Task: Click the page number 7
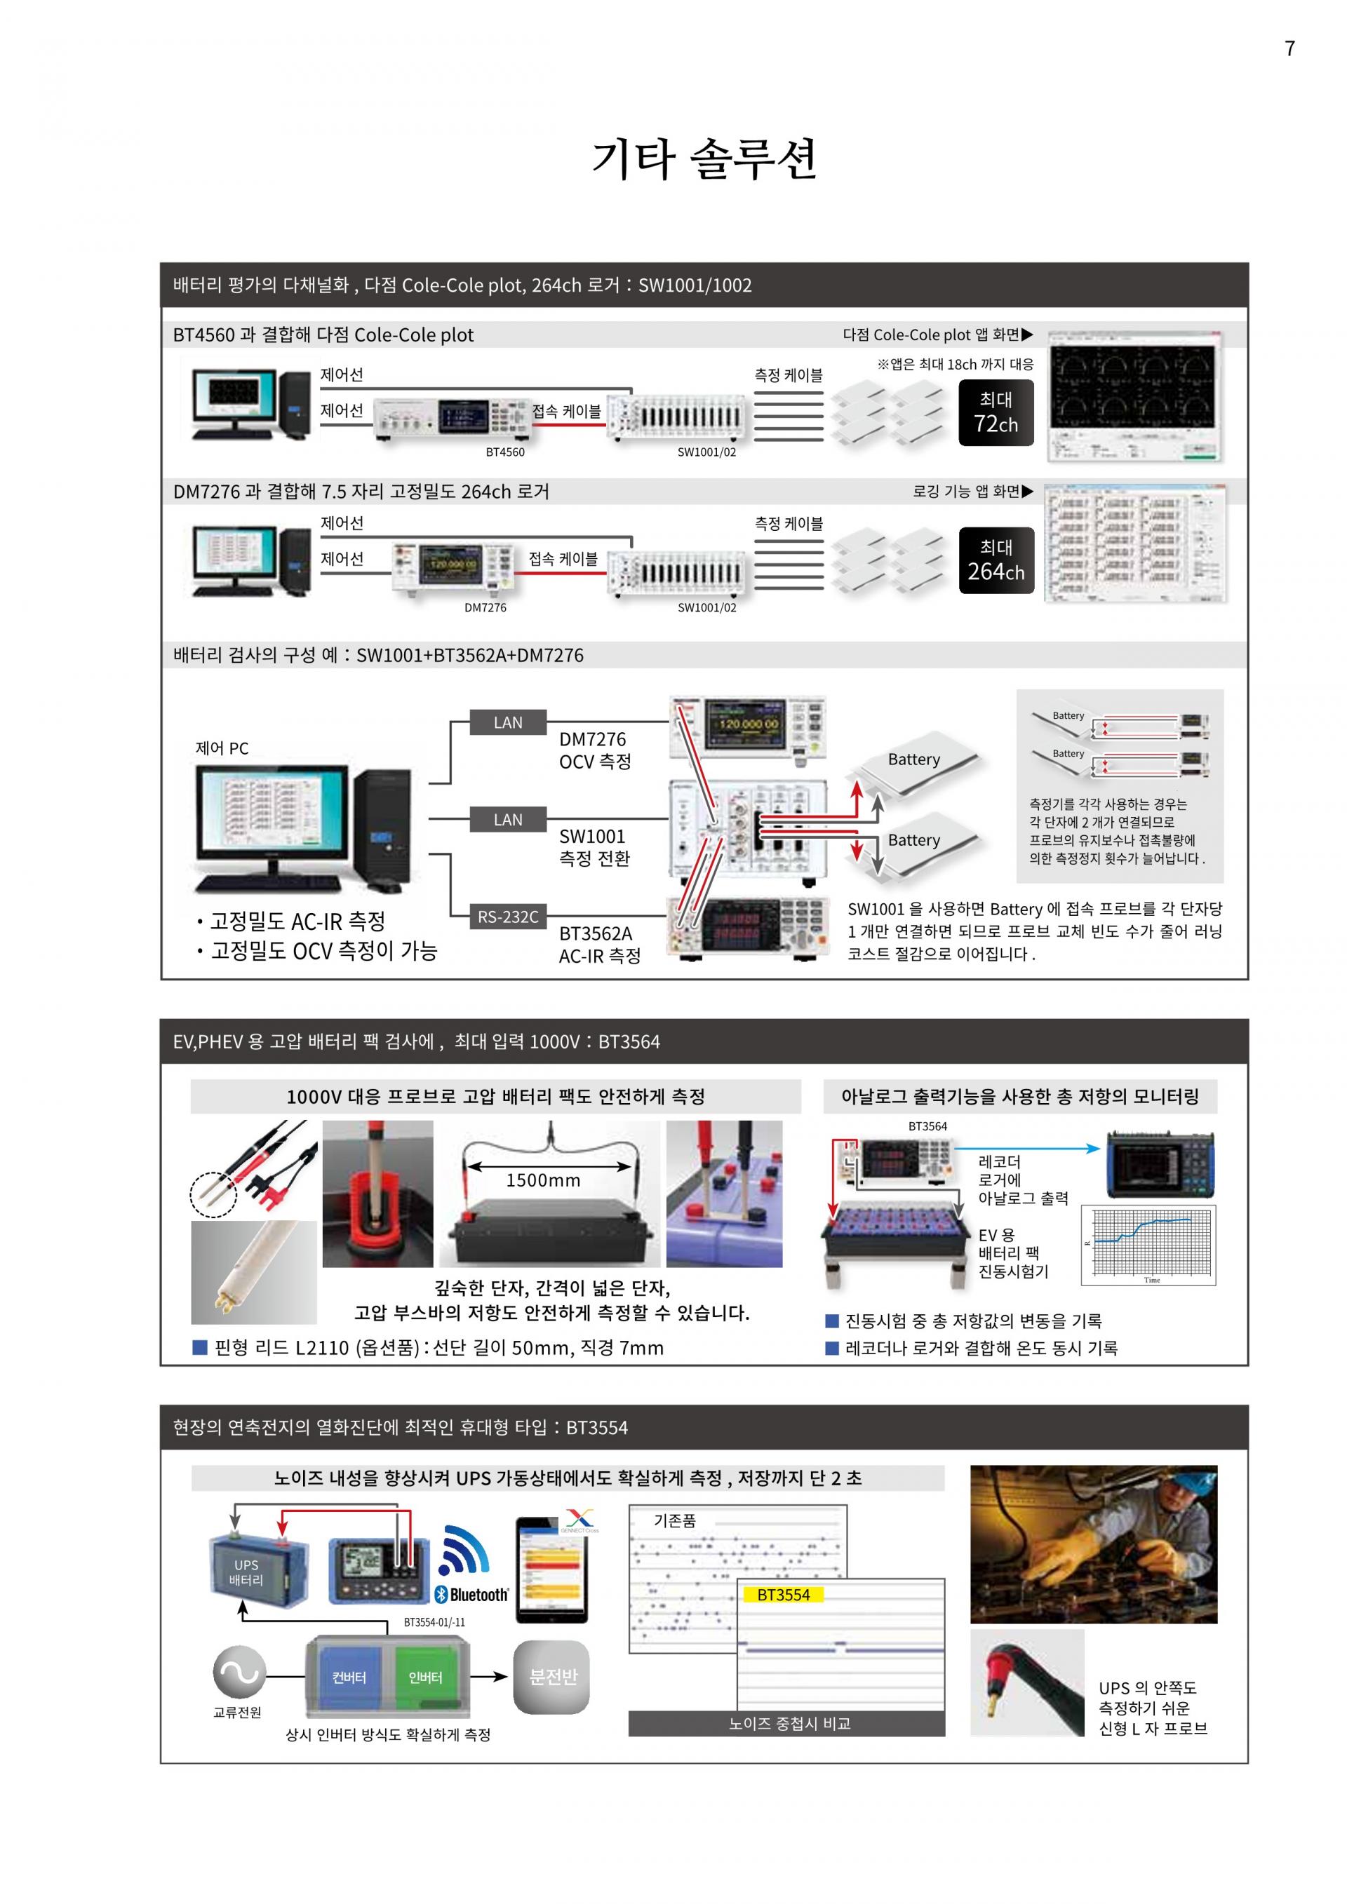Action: (1289, 49)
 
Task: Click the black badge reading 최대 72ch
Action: (996, 412)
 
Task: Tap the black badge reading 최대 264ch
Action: (996, 560)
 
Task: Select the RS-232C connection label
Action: (508, 917)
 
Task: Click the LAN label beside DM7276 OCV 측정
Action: (508, 722)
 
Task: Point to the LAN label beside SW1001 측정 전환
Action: (508, 819)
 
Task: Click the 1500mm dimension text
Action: (543, 1180)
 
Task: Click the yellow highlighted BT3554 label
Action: (783, 1595)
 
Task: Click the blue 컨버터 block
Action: (349, 1677)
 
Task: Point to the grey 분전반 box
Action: (551, 1677)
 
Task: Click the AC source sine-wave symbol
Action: (240, 1672)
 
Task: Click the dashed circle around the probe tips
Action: (213, 1194)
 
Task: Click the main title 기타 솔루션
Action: (704, 159)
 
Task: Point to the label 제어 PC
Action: (222, 748)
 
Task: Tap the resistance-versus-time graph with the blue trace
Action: (1148, 1245)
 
